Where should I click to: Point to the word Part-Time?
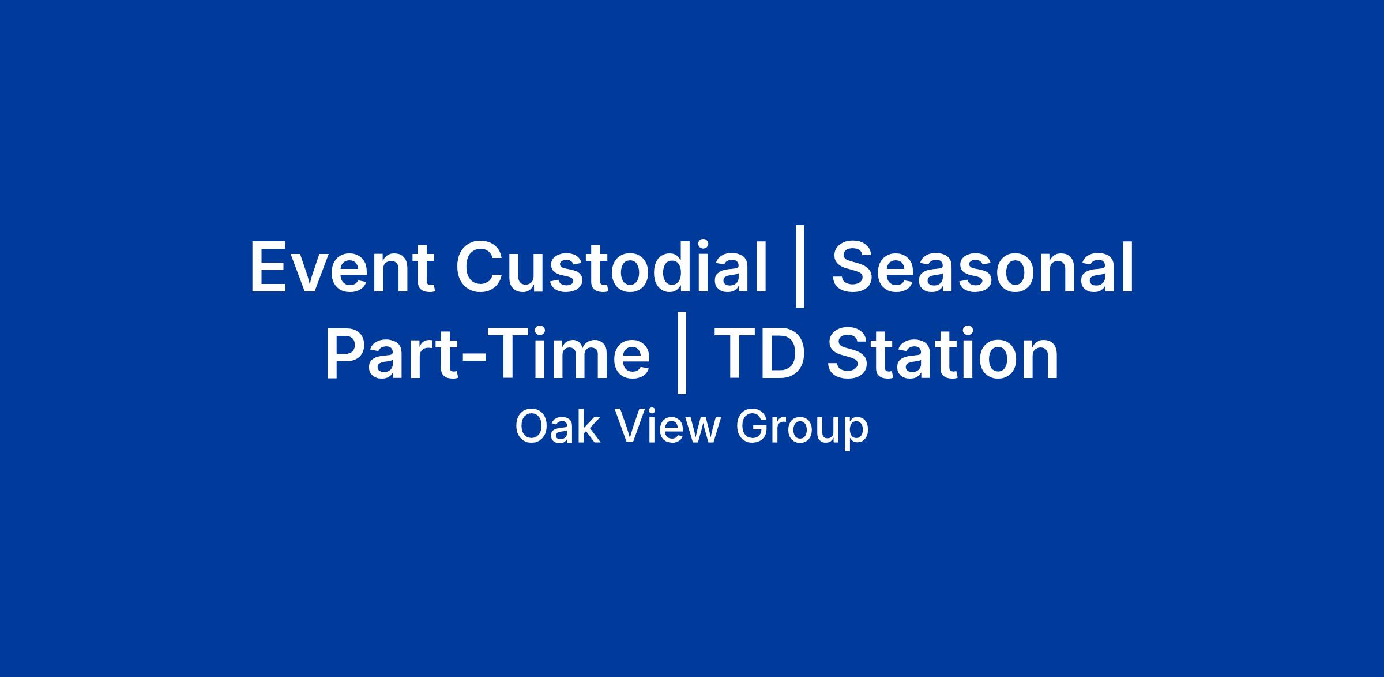487,353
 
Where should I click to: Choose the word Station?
942,353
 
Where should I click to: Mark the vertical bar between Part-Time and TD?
682,356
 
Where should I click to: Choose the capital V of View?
629,427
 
